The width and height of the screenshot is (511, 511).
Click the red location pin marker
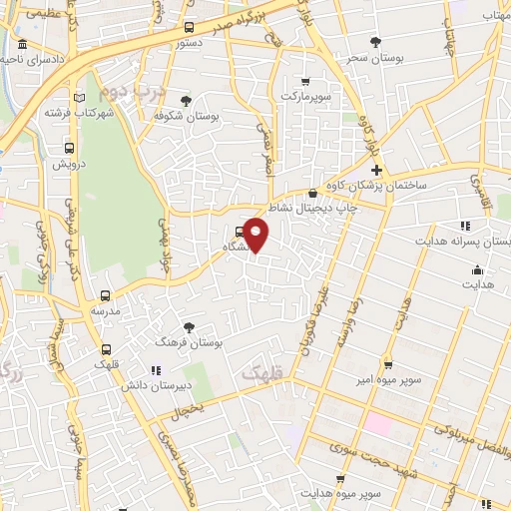point(257,235)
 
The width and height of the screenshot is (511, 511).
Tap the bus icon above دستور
point(191,28)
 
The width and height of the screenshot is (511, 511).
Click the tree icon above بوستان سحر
point(375,42)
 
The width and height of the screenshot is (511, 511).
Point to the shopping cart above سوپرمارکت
point(305,82)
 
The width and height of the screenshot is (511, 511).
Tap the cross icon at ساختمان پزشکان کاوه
point(375,171)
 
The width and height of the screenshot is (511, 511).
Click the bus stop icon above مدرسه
point(105,296)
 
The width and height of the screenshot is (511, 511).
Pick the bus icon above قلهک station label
point(106,348)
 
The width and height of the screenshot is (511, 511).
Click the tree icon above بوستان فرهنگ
point(190,326)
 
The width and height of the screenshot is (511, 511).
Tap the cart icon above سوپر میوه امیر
point(388,364)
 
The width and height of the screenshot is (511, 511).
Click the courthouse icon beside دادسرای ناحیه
point(22,48)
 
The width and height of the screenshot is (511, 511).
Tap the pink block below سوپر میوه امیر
point(378,423)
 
